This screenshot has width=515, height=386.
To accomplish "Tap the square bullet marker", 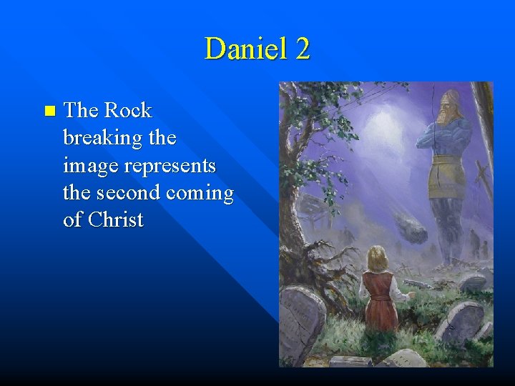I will click(x=49, y=111).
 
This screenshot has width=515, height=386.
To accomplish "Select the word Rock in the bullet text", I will click(x=128, y=110).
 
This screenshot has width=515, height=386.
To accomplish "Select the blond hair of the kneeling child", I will click(x=378, y=257).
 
